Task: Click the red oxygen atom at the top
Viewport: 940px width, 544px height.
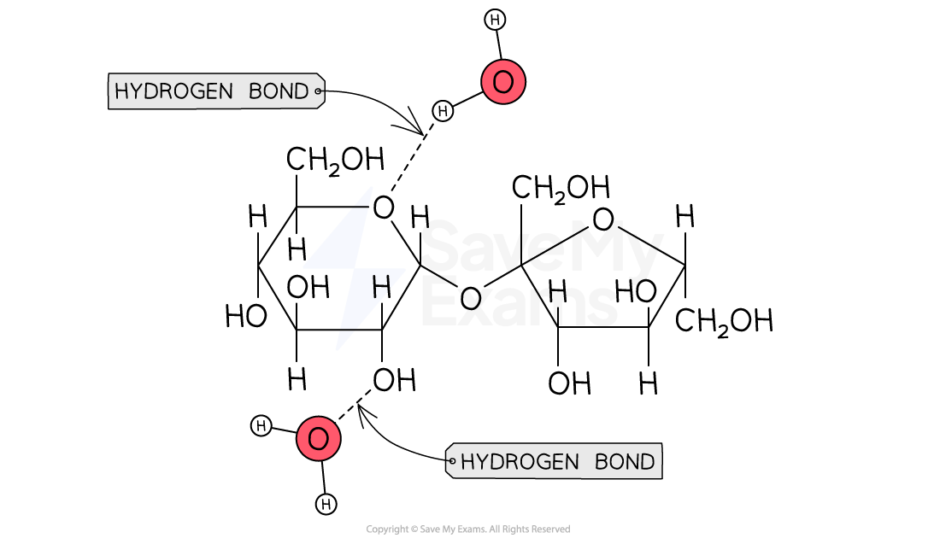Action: click(503, 82)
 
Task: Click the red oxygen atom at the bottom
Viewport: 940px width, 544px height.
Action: click(318, 439)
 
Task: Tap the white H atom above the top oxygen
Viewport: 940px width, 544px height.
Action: click(495, 20)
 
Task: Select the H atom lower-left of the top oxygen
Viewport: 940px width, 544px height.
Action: click(443, 111)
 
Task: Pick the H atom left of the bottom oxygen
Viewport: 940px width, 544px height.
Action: click(261, 426)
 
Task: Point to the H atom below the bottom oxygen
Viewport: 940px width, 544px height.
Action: click(326, 505)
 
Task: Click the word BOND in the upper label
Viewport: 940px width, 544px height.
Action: click(279, 91)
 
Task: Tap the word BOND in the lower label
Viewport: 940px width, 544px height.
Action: click(625, 462)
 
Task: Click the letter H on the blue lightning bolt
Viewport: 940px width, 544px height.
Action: click(381, 287)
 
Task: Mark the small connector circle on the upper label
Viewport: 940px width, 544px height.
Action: click(319, 91)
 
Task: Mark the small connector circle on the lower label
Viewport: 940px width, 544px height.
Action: click(451, 461)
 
